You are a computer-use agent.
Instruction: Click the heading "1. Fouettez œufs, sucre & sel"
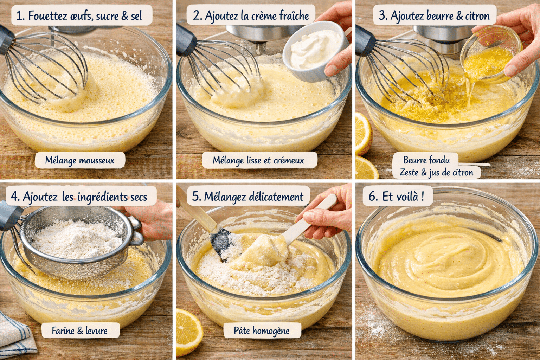pos(82,16)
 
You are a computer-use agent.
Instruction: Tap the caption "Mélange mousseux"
pos(80,161)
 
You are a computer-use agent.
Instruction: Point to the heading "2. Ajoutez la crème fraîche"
pos(251,16)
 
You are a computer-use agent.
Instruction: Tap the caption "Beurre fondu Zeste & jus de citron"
pos(436,166)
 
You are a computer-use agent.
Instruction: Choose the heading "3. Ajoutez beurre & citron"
pos(434,16)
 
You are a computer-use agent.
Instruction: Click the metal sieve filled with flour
pos(77,243)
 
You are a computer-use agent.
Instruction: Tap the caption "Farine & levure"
pos(80,331)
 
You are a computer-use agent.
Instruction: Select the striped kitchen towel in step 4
pos(16,337)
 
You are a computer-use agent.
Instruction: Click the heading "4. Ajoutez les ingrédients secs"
pos(79,197)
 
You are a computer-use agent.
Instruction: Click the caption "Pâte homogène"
pos(262,331)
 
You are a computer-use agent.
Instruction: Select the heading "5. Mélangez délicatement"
pos(248,197)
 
